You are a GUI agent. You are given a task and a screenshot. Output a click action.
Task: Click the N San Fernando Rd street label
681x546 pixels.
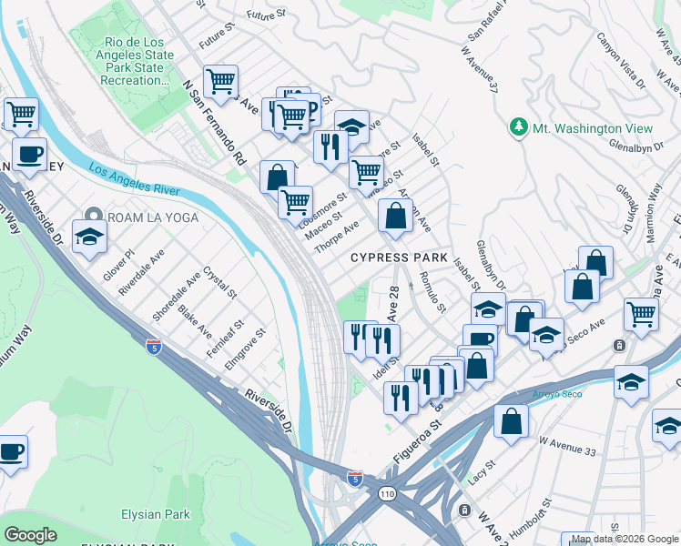(215, 121)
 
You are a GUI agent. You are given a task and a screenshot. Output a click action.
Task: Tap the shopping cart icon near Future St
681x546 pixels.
(220, 83)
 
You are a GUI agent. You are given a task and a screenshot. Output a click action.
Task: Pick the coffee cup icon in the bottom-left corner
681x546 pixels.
(11, 451)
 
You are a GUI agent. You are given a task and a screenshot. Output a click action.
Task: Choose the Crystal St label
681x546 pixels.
(219, 283)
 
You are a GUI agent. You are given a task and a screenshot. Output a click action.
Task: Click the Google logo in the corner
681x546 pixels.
(31, 535)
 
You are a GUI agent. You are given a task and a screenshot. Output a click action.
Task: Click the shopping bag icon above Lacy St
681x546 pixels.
(512, 421)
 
